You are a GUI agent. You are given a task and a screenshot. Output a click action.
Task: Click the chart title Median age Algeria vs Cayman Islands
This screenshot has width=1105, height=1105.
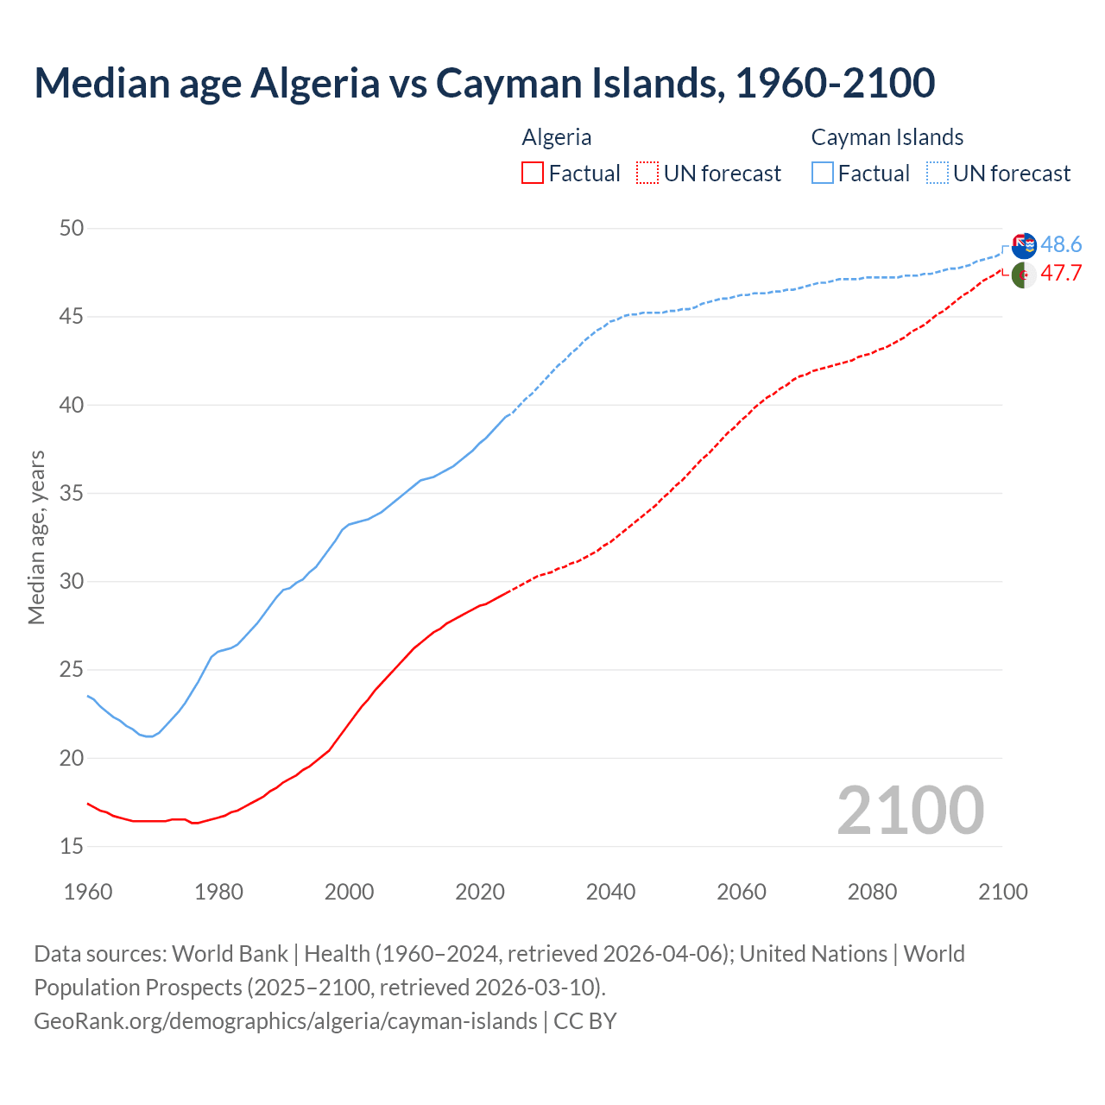click(x=484, y=83)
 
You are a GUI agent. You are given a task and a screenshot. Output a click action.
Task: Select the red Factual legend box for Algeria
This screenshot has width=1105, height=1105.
click(x=533, y=174)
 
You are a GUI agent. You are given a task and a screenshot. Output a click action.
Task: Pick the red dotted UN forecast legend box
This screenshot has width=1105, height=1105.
click(x=647, y=174)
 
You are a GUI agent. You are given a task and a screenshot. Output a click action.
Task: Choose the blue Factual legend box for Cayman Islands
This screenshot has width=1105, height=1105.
click(x=823, y=174)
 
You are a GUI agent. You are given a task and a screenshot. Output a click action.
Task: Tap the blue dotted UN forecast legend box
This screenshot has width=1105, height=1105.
click(x=937, y=174)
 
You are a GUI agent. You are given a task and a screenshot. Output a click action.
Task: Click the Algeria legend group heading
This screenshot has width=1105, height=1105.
click(x=557, y=137)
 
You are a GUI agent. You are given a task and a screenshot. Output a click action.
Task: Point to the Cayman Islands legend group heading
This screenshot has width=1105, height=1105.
click(x=887, y=137)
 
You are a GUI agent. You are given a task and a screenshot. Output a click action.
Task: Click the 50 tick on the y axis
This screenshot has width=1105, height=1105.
click(x=72, y=229)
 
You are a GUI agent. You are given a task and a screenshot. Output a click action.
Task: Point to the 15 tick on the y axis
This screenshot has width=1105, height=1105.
click(x=72, y=847)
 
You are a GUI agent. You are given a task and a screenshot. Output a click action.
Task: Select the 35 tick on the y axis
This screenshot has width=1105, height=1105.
click(x=72, y=494)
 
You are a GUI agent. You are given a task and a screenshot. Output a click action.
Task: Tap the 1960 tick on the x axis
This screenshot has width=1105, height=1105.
click(x=88, y=892)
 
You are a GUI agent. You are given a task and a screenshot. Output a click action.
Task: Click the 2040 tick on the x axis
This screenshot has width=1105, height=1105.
click(x=610, y=892)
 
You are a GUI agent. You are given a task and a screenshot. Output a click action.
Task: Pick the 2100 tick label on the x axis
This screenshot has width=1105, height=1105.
click(x=1002, y=892)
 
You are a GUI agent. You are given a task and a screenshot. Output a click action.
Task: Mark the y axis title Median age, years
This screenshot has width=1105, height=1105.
click(x=36, y=537)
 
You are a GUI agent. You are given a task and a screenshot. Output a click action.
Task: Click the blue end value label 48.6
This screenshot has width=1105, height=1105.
click(x=1061, y=245)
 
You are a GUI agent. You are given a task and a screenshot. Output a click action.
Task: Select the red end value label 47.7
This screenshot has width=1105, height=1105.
click(x=1061, y=274)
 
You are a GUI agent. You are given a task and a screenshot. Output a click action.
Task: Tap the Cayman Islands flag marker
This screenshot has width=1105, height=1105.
click(x=1024, y=246)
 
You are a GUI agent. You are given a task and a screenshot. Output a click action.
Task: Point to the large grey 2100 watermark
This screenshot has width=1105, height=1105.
click(x=910, y=810)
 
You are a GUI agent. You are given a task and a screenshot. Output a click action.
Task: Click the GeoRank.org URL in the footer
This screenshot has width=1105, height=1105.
click(x=286, y=1021)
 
